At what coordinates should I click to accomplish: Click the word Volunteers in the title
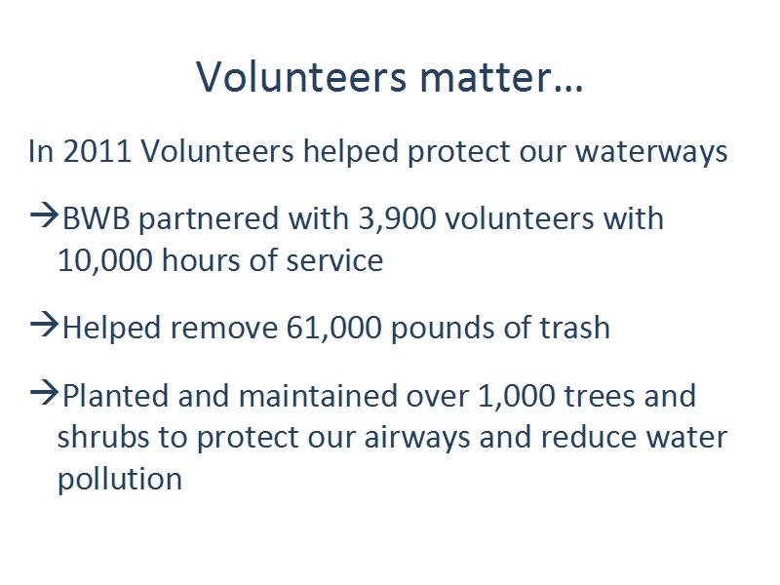coord(301,77)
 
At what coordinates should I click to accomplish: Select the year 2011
coord(97,151)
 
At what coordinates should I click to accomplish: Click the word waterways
coord(651,152)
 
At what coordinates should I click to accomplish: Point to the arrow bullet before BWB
coord(44,215)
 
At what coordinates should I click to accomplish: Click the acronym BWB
coord(96,218)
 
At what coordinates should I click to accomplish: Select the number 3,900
coord(397,218)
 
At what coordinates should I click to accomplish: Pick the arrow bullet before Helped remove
coord(44,325)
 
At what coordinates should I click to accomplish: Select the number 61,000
coord(333,328)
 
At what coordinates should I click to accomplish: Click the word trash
coord(575,328)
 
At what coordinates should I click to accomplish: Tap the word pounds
coord(443,329)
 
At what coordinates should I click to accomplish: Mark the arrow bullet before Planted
coord(44,393)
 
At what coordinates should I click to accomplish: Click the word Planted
coord(115,396)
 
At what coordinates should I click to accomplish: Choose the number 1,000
coord(517,396)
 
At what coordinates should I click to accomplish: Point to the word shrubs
coord(103,437)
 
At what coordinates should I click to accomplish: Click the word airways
coord(417,438)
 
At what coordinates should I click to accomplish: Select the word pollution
coord(120,479)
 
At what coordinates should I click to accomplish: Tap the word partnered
coord(209,219)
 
